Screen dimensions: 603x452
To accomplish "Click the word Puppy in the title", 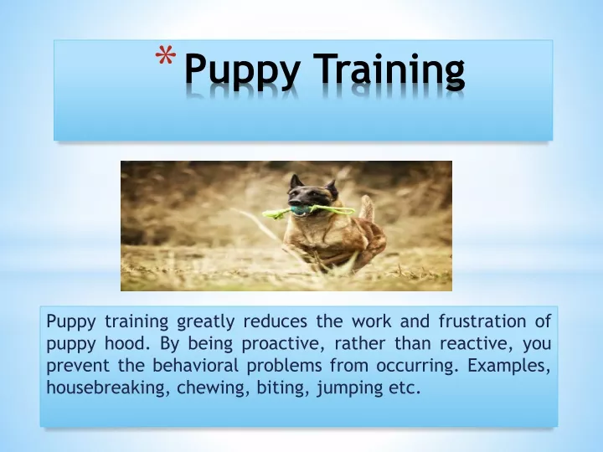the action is (242, 70).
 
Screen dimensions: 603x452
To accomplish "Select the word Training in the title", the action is (389, 70).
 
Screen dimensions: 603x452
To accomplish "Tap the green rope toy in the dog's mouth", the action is (308, 211).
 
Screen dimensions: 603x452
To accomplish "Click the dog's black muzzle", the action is (297, 199).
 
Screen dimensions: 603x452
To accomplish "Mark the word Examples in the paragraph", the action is (509, 366).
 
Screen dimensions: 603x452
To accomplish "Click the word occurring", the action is (418, 366).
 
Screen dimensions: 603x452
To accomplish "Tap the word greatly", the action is (205, 322).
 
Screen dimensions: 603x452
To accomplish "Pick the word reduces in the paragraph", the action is (276, 321).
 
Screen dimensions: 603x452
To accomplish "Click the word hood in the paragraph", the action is (127, 344).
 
